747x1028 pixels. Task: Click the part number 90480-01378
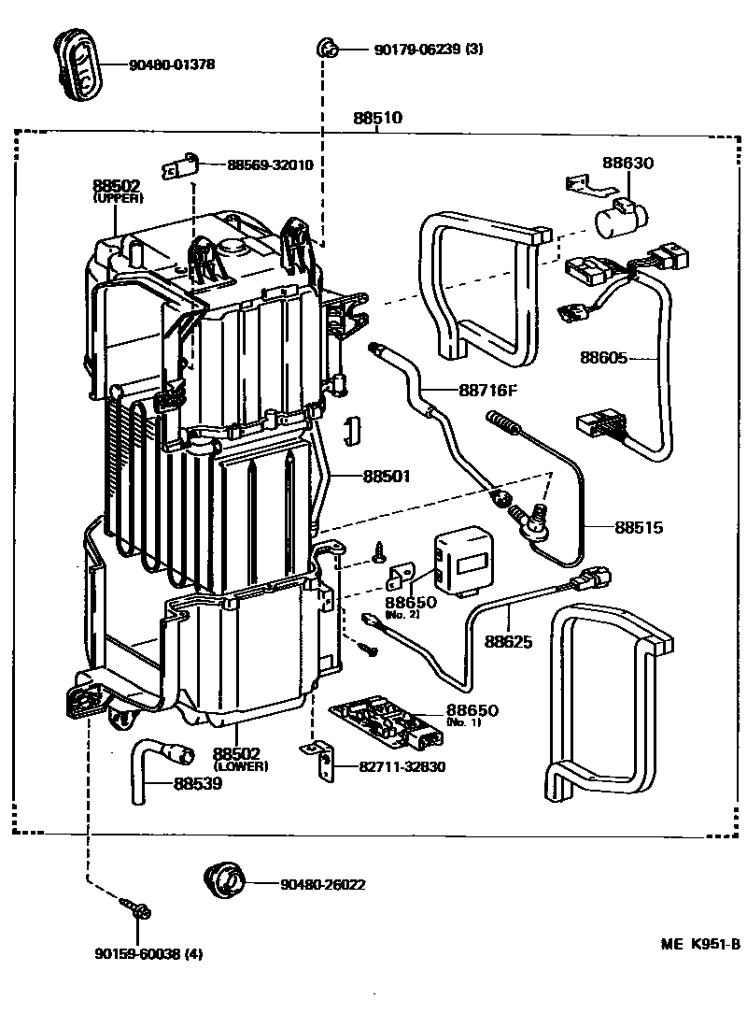pos(174,64)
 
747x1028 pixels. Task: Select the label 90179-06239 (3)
pos(442,49)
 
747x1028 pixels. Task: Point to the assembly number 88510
pos(377,119)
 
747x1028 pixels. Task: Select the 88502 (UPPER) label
pos(117,191)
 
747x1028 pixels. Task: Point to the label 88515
pos(639,527)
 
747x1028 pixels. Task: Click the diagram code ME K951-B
pos(700,944)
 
